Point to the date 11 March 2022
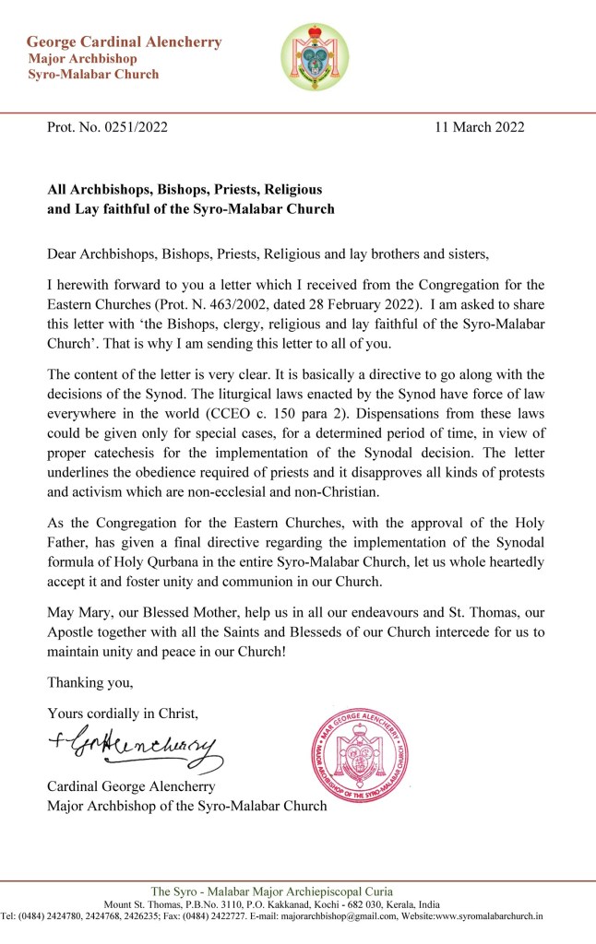[479, 127]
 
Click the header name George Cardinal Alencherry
[124, 42]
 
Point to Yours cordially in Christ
[122, 713]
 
